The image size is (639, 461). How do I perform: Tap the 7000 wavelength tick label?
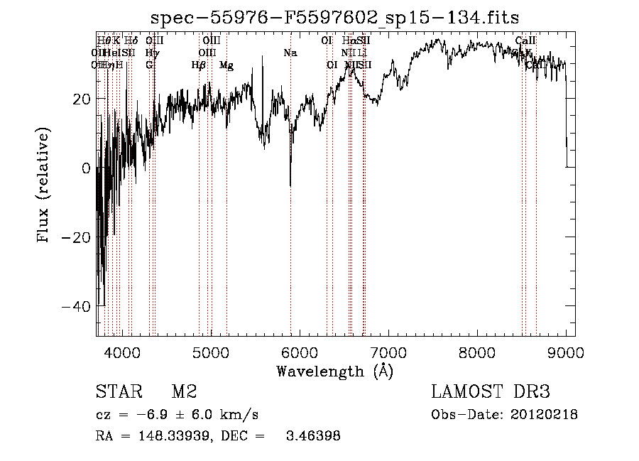[x=388, y=352]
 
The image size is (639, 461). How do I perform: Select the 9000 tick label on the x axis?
[x=566, y=352]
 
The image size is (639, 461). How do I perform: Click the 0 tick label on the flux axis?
[x=87, y=168]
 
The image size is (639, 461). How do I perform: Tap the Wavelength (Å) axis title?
[x=334, y=371]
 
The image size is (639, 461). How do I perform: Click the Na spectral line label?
[x=290, y=53]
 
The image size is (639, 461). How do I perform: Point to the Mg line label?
[x=226, y=65]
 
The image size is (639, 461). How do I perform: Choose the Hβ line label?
[x=199, y=65]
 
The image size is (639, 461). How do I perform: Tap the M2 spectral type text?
[x=184, y=392]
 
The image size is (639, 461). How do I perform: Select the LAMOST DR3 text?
[x=491, y=392]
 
